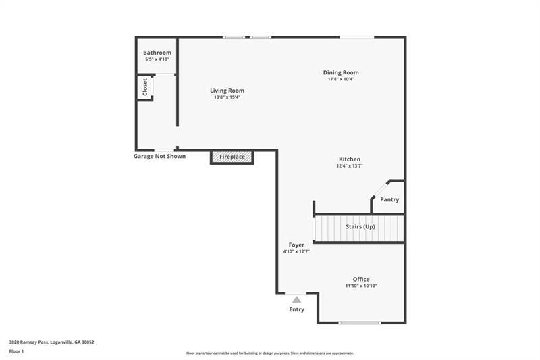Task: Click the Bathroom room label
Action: (x=157, y=53)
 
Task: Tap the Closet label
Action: (x=145, y=87)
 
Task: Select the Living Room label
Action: (x=227, y=91)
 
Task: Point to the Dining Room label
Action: (x=341, y=73)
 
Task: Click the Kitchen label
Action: (x=350, y=159)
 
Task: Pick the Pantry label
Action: (x=389, y=199)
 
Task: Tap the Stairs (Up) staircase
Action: (x=359, y=228)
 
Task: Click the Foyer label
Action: (x=296, y=245)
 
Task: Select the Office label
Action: (x=361, y=280)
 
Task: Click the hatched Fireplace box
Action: (x=232, y=157)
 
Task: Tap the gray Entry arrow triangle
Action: (x=296, y=299)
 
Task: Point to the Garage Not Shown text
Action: (x=159, y=157)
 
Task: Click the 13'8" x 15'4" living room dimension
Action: (x=227, y=97)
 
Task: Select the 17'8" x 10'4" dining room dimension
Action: (x=341, y=79)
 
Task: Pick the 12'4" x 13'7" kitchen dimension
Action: (x=350, y=165)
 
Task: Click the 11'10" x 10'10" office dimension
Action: (x=361, y=286)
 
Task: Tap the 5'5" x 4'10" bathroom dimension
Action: (x=157, y=59)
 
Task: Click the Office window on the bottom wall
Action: (x=360, y=323)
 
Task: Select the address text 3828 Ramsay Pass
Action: (x=29, y=342)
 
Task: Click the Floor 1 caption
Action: (x=16, y=351)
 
